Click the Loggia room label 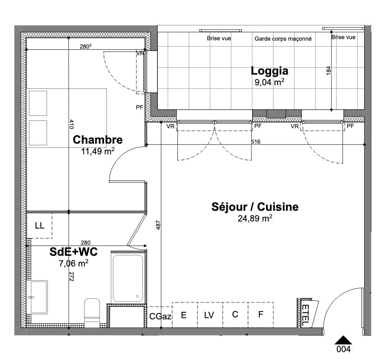(269, 71)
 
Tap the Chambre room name (97, 140)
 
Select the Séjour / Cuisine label (255, 207)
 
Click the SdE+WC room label (73, 252)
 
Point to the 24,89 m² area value (255, 219)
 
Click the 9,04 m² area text (270, 82)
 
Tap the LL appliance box (39, 226)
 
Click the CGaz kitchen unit (160, 316)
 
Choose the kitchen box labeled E (184, 315)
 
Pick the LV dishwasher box (209, 315)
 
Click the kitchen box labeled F (260, 315)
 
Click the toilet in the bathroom (92, 312)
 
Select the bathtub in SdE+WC (128, 278)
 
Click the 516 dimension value (255, 142)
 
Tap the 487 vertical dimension (158, 225)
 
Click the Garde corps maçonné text (283, 39)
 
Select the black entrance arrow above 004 (343, 340)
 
